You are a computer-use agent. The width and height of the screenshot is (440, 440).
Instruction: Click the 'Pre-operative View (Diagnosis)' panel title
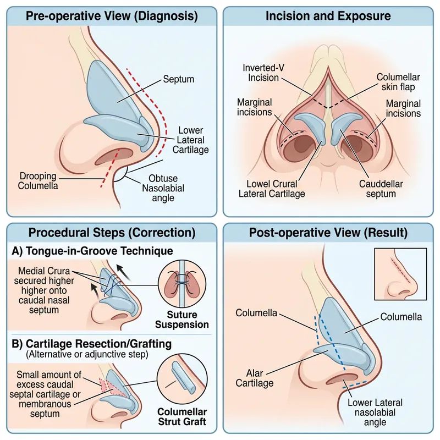[x=112, y=16]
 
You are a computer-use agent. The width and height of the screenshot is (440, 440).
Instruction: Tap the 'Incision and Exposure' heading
[x=328, y=16]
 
